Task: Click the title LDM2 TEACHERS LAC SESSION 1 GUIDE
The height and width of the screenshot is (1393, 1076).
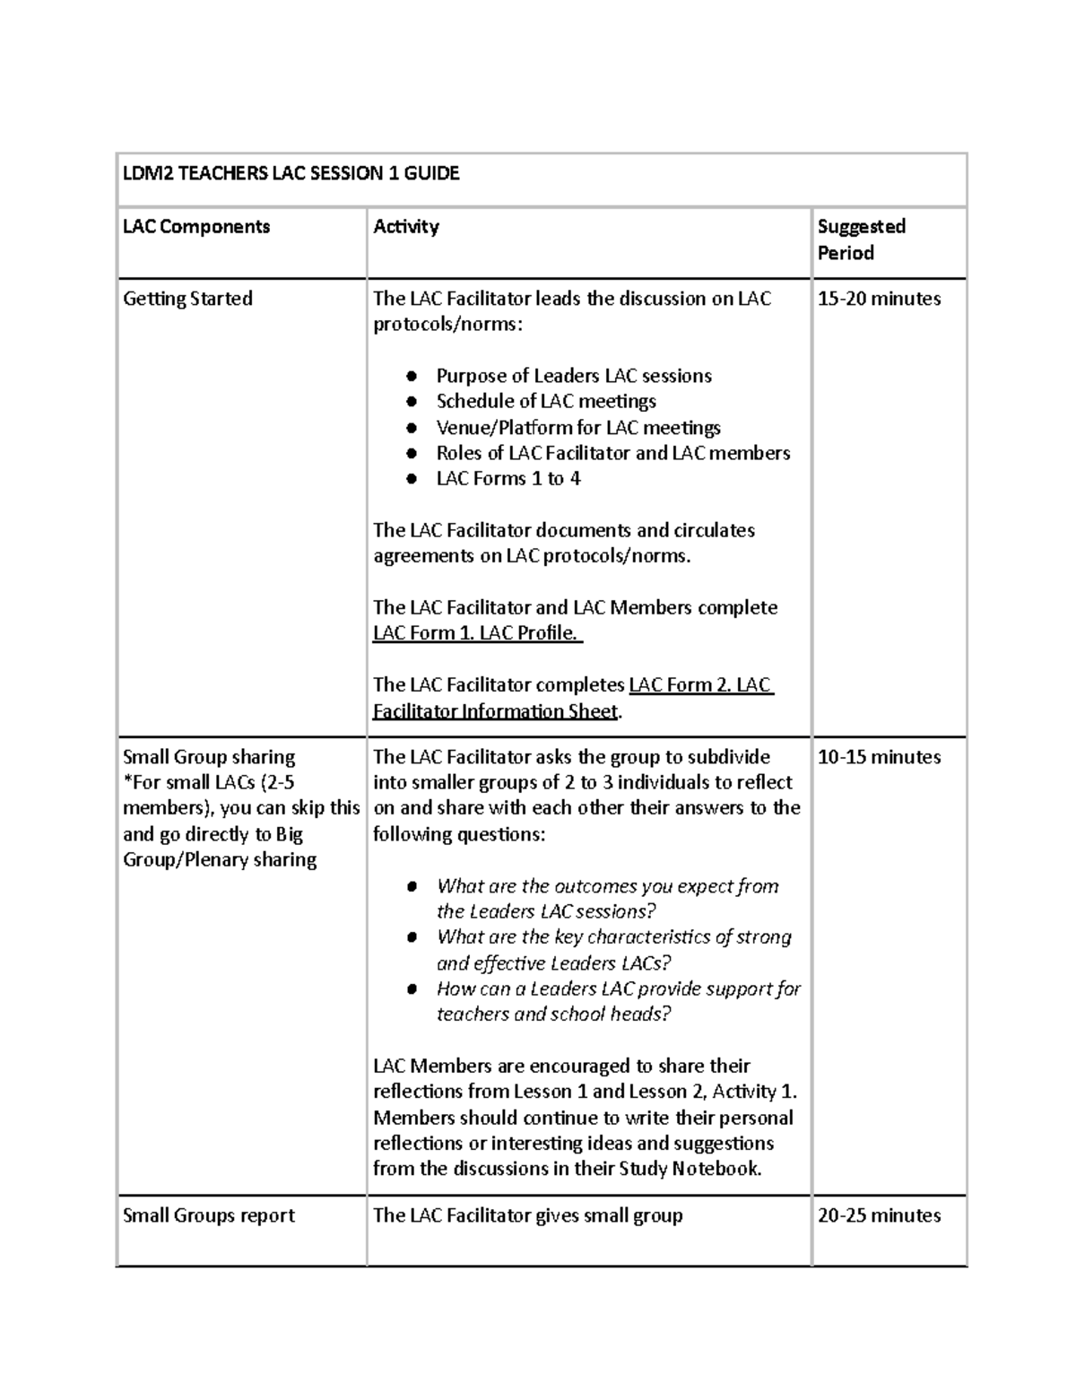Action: click(x=291, y=174)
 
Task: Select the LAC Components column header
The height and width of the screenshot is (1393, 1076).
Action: click(x=196, y=227)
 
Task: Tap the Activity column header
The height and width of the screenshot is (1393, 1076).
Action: click(x=406, y=227)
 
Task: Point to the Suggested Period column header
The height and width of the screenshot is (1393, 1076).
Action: click(x=861, y=239)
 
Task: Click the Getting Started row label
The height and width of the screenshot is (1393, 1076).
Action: click(x=187, y=299)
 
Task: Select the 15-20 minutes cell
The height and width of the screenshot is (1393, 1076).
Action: click(x=879, y=299)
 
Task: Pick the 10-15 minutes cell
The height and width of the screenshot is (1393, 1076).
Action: click(x=879, y=757)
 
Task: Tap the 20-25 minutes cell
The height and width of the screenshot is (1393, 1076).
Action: click(x=879, y=1215)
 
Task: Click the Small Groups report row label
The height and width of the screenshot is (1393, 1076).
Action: click(x=209, y=1215)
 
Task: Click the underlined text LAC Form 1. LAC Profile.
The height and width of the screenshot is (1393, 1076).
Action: click(x=476, y=633)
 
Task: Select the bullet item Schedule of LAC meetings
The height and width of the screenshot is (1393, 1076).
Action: click(x=546, y=401)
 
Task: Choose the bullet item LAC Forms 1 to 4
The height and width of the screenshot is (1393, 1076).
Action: click(x=508, y=479)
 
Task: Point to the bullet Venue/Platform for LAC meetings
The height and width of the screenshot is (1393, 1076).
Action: click(x=578, y=428)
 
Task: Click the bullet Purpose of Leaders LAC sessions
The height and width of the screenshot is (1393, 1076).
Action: click(x=574, y=376)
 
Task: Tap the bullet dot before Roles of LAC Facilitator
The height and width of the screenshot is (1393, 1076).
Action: click(x=412, y=454)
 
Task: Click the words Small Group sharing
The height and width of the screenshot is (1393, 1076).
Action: click(x=209, y=757)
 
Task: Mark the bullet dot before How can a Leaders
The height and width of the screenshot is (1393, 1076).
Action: click(x=412, y=989)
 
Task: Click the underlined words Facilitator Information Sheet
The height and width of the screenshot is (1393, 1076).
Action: click(x=495, y=711)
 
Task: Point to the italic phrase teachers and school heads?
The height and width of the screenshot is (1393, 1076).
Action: click(x=553, y=1014)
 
